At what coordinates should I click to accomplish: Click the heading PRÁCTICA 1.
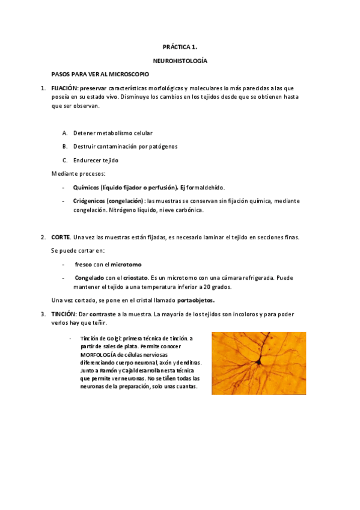click(x=180, y=46)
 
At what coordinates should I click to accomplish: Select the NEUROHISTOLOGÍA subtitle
click(x=180, y=61)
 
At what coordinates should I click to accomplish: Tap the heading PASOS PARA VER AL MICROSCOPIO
click(x=100, y=74)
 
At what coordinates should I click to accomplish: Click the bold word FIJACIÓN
click(x=65, y=88)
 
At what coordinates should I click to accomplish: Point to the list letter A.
click(x=64, y=132)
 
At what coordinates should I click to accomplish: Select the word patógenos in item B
click(x=163, y=146)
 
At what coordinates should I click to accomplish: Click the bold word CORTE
click(x=61, y=237)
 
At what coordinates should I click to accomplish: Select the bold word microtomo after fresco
click(x=126, y=265)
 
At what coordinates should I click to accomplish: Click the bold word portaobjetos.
click(x=195, y=300)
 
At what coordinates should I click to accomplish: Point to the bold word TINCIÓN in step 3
click(x=63, y=314)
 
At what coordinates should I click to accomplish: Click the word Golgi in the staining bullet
click(x=113, y=339)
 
